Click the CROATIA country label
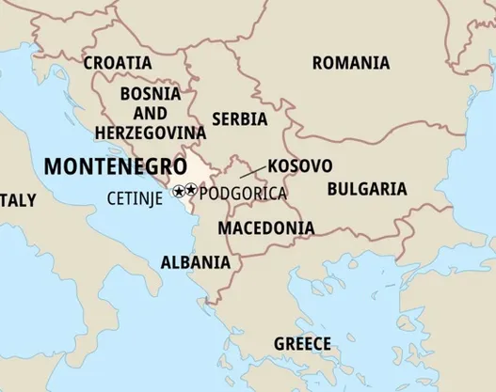pos(118,63)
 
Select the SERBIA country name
pos(239,119)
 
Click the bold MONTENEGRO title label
pos(115,166)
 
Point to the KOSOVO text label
pos(299,165)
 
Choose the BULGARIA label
pos(367,189)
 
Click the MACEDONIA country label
pos(266,227)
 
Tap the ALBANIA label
pos(195,262)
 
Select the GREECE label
pos(302,343)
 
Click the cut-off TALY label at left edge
pos(18,200)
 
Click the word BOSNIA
pos(151,94)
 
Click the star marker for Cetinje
pos(179,191)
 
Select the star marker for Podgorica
pos(191,191)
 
